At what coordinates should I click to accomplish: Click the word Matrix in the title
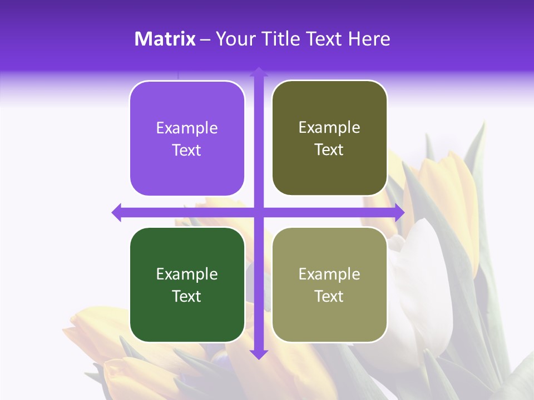[165, 39]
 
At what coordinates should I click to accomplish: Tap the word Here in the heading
[369, 39]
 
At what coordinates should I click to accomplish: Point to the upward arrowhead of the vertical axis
[259, 72]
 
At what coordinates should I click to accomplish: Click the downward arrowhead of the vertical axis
[259, 354]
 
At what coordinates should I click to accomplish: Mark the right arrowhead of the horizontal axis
[399, 212]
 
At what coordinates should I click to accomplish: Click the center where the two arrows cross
[259, 212]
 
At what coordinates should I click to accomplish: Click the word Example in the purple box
[187, 128]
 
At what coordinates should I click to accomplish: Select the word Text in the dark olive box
[329, 150]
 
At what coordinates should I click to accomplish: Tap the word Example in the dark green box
[187, 274]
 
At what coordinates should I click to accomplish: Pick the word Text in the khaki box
[329, 296]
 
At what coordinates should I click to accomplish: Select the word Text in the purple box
[187, 151]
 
